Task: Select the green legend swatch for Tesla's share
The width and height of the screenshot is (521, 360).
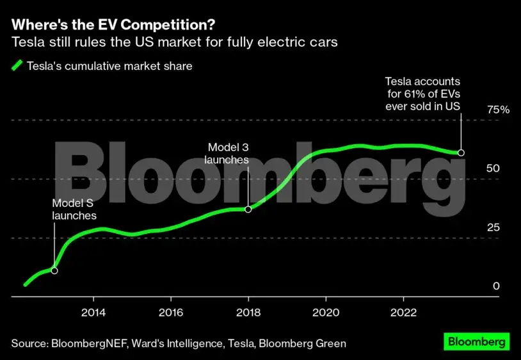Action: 17,65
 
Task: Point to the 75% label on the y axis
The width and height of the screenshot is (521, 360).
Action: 497,110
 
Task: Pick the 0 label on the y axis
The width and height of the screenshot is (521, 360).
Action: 495,286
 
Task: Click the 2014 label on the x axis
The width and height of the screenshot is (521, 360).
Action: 93,313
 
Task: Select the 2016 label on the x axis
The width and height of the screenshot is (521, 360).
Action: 170,313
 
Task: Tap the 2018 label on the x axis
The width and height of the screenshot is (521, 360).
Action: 248,313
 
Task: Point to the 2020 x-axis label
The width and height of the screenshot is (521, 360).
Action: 326,313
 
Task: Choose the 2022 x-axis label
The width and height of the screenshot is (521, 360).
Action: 403,313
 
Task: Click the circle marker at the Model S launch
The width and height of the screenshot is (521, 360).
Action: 54,270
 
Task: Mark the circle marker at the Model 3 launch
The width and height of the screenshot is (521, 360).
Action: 248,209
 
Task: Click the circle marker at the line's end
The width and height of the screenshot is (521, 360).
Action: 461,152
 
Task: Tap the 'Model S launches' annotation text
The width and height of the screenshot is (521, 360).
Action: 74,209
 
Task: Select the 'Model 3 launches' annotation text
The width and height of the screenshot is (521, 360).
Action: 226,154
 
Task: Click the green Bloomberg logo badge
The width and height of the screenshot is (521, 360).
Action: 476,341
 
